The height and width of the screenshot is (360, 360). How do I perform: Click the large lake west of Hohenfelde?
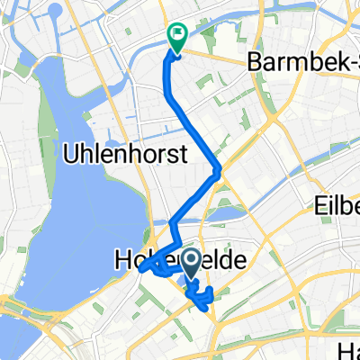point(103,207)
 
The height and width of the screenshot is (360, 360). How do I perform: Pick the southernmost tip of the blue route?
point(208,309)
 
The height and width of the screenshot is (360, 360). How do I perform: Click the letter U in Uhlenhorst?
point(70,154)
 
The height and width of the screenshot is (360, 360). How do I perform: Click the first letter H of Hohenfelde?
point(121,260)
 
